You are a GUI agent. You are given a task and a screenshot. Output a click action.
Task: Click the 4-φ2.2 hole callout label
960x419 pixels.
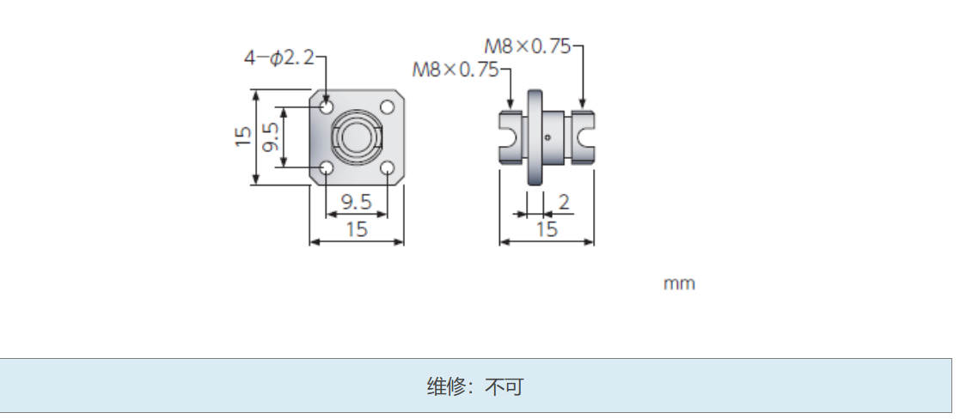pyautogui.click(x=279, y=58)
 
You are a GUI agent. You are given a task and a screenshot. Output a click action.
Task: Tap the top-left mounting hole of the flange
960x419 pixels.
pyautogui.click(x=327, y=108)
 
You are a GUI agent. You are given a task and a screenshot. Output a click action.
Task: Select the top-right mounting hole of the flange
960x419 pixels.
pyautogui.click(x=387, y=108)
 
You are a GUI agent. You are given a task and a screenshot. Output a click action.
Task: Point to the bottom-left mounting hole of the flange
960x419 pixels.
pyautogui.click(x=327, y=168)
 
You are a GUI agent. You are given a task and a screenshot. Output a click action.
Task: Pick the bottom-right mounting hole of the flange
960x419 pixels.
pyautogui.click(x=387, y=168)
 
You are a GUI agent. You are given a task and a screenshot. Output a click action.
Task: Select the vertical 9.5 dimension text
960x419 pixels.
pyautogui.click(x=271, y=137)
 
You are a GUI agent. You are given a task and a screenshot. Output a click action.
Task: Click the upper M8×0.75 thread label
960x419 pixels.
pyautogui.click(x=528, y=47)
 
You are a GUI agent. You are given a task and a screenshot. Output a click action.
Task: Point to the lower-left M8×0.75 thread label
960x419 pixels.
pyautogui.click(x=456, y=70)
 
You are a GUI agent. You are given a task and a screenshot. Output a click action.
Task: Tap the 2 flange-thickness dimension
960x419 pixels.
pyautogui.click(x=564, y=203)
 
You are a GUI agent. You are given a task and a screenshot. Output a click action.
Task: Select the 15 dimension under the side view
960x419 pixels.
pyautogui.click(x=547, y=229)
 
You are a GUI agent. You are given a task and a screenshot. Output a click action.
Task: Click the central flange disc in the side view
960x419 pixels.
pyautogui.click(x=535, y=137)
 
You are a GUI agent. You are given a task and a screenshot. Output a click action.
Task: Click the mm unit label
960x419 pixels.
pyautogui.click(x=679, y=283)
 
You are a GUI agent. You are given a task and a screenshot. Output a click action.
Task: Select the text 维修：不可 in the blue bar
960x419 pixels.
pyautogui.click(x=474, y=387)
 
